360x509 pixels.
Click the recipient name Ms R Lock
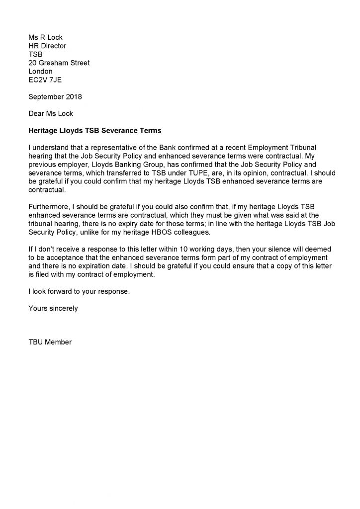[x=46, y=37]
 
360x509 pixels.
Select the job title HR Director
[x=47, y=46]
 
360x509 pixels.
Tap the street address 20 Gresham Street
[x=59, y=63]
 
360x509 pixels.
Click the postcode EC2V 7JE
[x=45, y=80]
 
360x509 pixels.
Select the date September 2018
[x=55, y=96]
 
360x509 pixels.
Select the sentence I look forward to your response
[x=79, y=291]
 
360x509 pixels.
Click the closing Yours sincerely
[x=53, y=308]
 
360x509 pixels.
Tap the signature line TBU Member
[x=50, y=342]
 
